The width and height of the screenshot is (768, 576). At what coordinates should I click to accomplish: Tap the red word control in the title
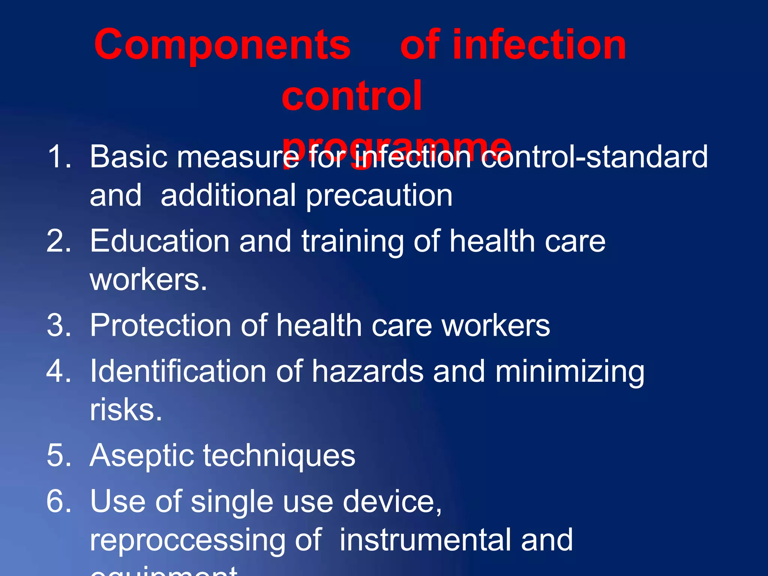(x=352, y=96)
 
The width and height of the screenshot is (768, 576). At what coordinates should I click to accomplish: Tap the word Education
(x=160, y=241)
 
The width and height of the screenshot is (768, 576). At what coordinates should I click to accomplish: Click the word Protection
(x=160, y=325)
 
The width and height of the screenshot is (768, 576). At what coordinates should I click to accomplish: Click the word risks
(x=126, y=409)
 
